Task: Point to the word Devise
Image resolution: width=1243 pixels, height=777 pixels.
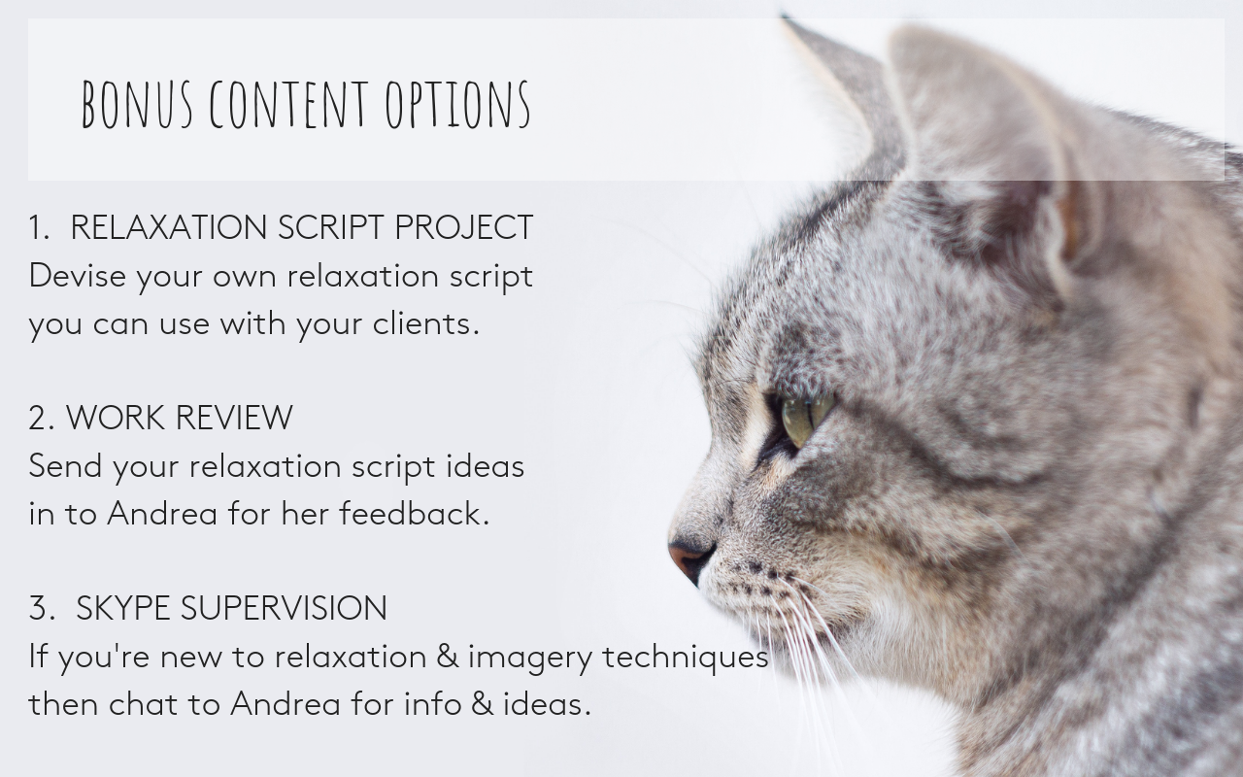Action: click(77, 275)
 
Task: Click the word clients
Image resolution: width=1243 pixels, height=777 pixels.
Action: click(425, 323)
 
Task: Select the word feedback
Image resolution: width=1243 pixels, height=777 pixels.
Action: click(415, 513)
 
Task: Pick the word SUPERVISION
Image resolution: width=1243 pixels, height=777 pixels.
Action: click(284, 608)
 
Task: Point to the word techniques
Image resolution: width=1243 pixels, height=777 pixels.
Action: click(686, 658)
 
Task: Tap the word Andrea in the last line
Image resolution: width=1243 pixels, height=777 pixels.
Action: click(286, 704)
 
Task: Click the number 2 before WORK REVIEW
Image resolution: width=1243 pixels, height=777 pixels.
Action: click(42, 418)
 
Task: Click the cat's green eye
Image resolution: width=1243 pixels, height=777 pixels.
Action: click(805, 419)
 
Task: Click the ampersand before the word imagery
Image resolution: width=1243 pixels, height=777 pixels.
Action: click(448, 656)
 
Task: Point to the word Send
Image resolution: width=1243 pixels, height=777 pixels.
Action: click(65, 465)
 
